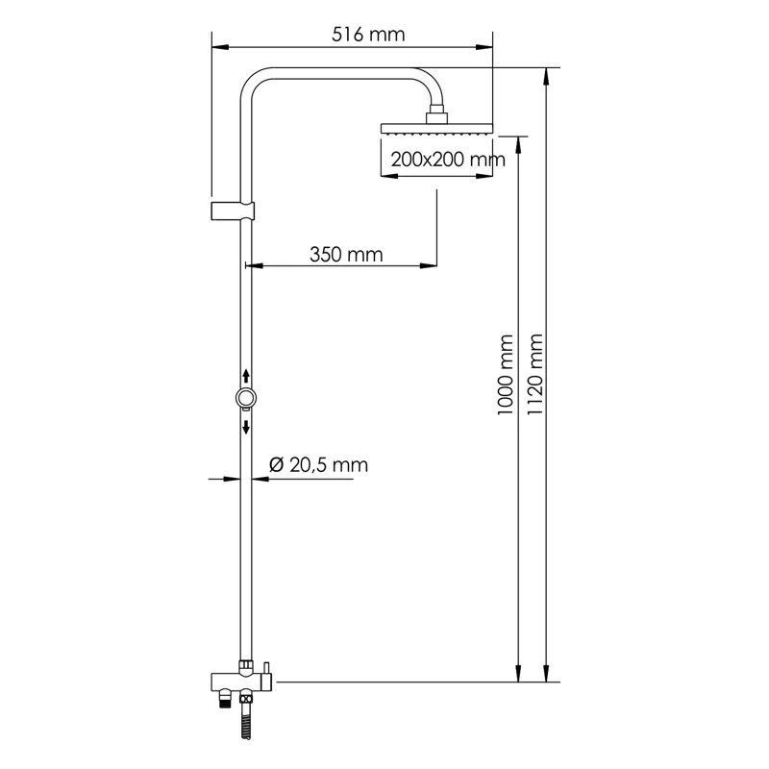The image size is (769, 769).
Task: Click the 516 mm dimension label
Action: pos(368,35)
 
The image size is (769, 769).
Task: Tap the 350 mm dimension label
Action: pos(346,255)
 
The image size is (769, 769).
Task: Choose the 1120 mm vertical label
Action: pos(535,375)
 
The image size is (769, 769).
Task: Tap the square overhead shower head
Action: pos(436,129)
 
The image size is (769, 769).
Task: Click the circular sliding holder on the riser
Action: pos(247,398)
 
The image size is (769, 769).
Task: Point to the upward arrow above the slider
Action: pos(247,375)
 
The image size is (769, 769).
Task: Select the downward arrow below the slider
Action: pos(247,425)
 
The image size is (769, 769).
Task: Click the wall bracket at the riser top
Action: pos(233,211)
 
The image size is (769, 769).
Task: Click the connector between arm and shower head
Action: pos(437,116)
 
